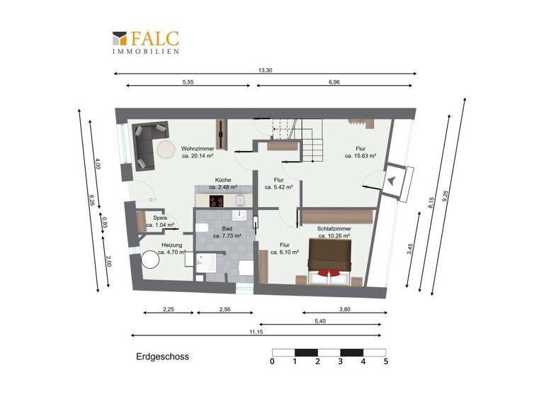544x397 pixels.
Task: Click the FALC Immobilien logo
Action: click(x=144, y=42)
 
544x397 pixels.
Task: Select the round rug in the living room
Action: click(x=167, y=150)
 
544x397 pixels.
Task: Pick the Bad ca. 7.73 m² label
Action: click(x=227, y=233)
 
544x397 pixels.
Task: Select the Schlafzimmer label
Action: click(x=334, y=233)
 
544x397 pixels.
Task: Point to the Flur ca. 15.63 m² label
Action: click(x=360, y=152)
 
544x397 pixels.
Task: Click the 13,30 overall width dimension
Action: click(x=265, y=69)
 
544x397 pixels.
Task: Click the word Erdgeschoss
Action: click(x=162, y=357)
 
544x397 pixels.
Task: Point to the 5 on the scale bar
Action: click(x=386, y=362)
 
